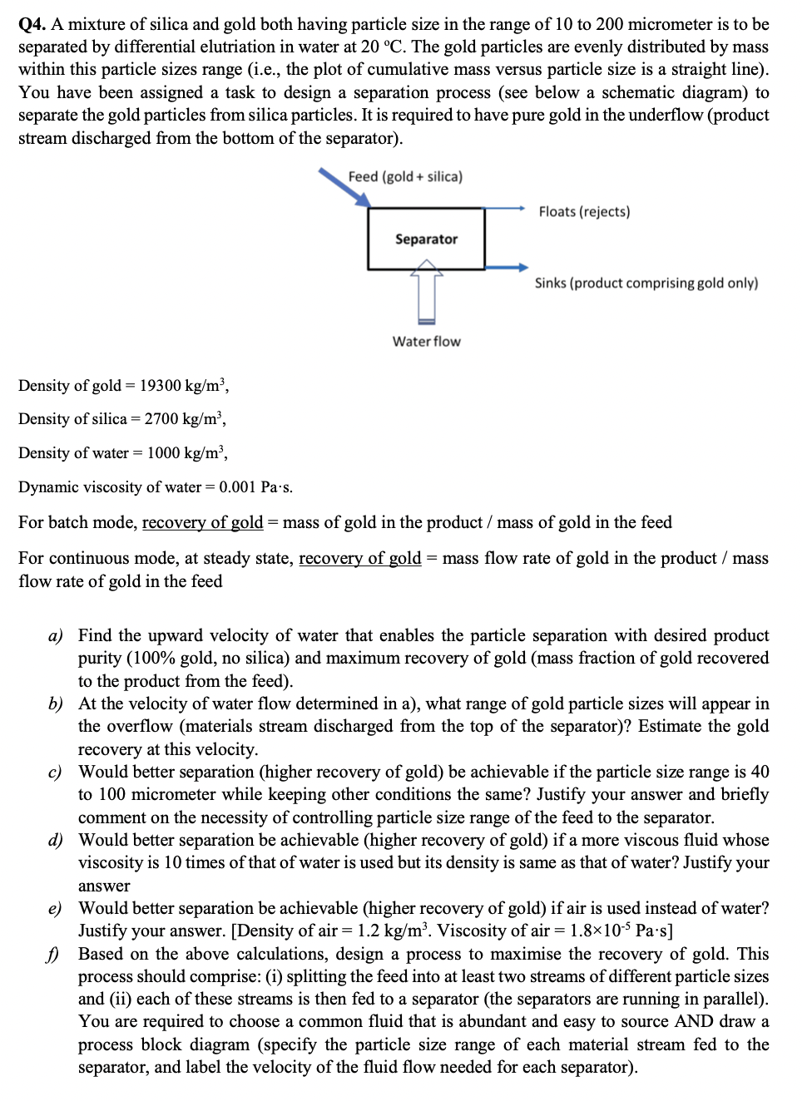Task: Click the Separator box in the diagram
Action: pos(426,239)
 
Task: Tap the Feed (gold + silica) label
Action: pos(405,176)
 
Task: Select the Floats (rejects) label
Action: pos(584,212)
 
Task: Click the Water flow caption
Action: pos(426,341)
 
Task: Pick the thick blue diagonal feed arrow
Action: pos(344,187)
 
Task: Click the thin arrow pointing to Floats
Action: pos(504,208)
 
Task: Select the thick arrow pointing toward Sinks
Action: pos(506,268)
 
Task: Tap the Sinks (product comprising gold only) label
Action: pos(646,283)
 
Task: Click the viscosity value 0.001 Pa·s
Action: pos(255,486)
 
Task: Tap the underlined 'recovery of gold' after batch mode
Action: pos(202,522)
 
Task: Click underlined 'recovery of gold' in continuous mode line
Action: pos(359,558)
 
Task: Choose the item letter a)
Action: pos(55,636)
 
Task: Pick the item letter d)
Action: pos(55,841)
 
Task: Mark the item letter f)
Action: pos(55,955)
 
